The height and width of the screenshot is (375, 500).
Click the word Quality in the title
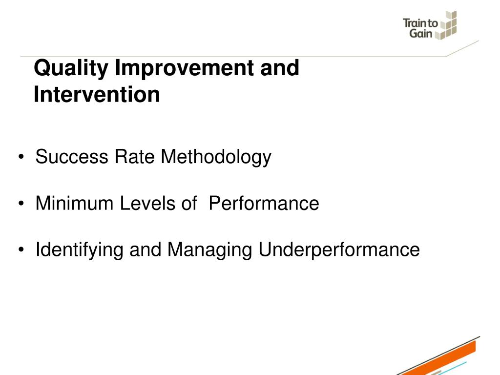point(71,68)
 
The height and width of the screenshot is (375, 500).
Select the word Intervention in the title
point(97,94)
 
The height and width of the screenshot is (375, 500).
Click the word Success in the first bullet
point(72,157)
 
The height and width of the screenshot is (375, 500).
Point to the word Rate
point(134,157)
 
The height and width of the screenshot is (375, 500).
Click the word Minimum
point(74,203)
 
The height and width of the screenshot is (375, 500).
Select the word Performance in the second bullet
point(264,203)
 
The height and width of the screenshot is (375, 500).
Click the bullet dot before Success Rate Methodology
point(21,157)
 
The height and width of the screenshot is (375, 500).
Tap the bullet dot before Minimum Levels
point(21,203)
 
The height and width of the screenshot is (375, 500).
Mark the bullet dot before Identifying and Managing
point(21,250)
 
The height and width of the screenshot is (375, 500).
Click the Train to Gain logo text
point(420,28)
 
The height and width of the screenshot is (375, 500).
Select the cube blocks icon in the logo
point(448,25)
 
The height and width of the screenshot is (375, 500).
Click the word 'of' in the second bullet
point(189,203)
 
